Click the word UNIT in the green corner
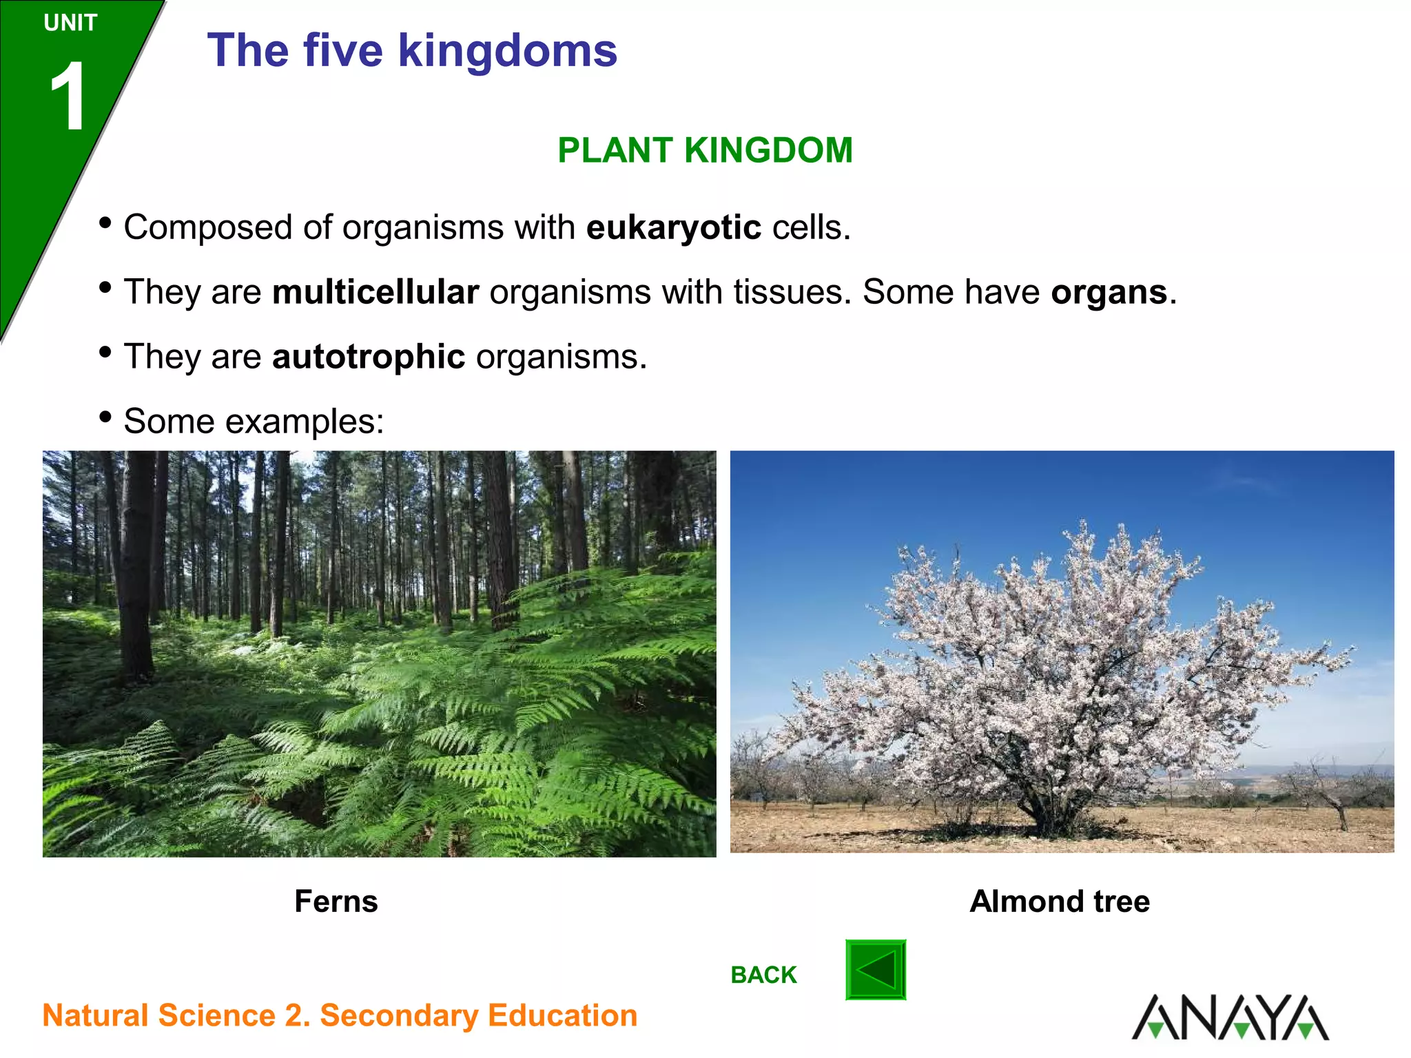(x=70, y=23)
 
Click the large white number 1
(x=68, y=96)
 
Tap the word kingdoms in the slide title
(x=507, y=51)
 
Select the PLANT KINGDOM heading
(x=705, y=150)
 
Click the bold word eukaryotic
(x=673, y=228)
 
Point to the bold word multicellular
(x=375, y=292)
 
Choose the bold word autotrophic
(x=369, y=357)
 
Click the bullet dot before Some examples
(x=105, y=417)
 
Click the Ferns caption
(x=336, y=901)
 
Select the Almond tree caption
(x=1059, y=901)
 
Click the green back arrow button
(x=875, y=970)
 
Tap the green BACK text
(x=763, y=975)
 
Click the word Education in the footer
(x=562, y=1016)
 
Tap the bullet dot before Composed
(x=105, y=222)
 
